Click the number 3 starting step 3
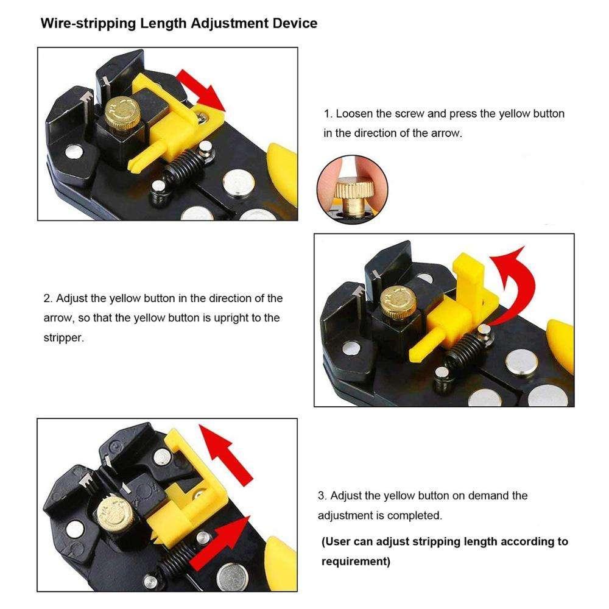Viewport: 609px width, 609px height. [x=322, y=496]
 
